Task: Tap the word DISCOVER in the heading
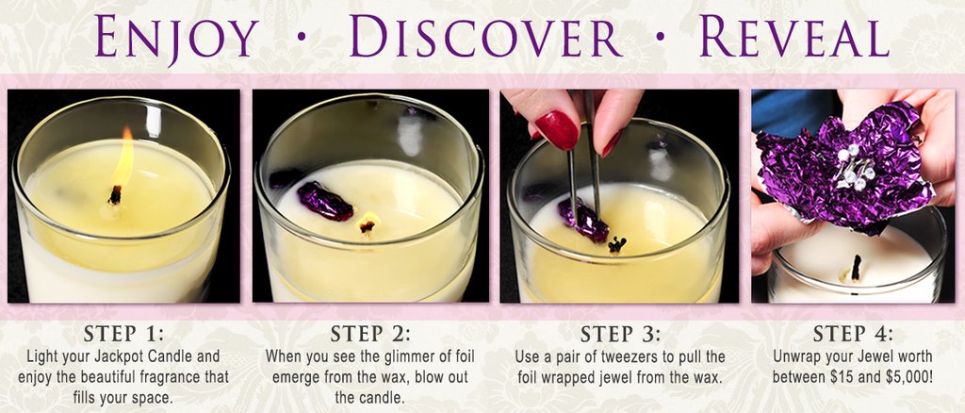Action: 486,38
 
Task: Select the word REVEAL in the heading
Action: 793,38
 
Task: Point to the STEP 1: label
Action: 124,334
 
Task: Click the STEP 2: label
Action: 369,334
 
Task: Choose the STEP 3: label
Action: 620,334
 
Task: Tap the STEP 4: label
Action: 853,334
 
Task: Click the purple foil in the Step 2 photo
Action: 325,201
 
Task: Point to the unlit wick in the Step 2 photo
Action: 368,225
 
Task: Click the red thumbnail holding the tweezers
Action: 557,130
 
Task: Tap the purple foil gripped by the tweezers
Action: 582,220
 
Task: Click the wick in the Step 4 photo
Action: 856,268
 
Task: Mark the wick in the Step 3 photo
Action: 617,244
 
